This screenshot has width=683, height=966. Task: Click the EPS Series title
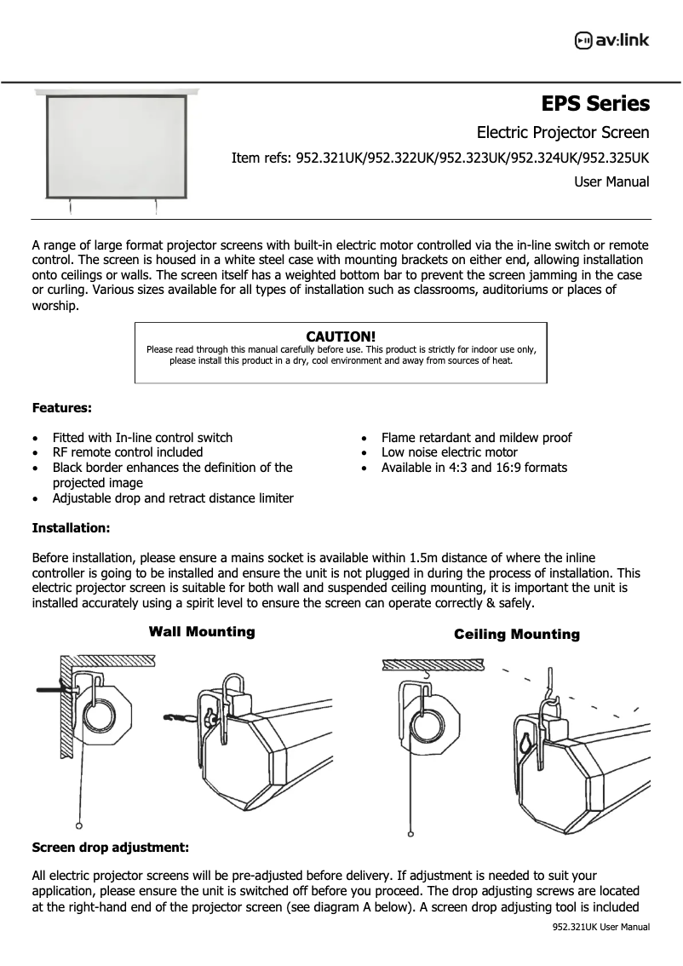click(595, 104)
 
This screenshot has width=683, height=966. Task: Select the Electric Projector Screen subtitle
click(563, 132)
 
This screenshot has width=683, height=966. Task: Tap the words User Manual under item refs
click(611, 181)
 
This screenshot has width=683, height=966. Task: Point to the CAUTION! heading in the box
click(341, 336)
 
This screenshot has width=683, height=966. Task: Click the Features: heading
click(62, 408)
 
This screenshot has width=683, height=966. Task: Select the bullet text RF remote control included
click(128, 452)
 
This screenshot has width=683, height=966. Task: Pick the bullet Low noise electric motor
click(449, 452)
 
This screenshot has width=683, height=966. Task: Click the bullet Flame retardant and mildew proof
click(476, 437)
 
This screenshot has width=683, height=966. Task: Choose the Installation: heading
click(71, 528)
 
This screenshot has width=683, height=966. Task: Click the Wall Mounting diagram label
click(202, 631)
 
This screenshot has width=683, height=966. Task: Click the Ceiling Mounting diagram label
click(516, 634)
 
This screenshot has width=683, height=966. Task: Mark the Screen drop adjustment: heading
click(110, 848)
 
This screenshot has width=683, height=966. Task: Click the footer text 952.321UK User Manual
click(601, 927)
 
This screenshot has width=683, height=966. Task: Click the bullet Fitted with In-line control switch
click(142, 437)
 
